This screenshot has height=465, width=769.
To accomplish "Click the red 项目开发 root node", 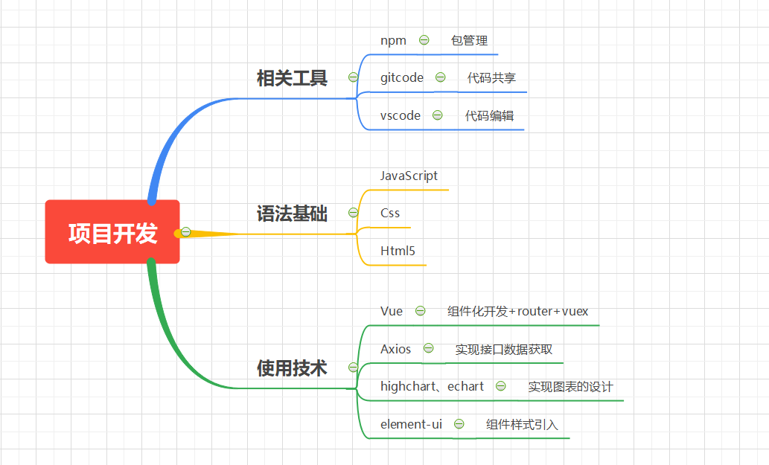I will tap(112, 232).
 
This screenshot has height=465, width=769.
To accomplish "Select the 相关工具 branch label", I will tap(292, 78).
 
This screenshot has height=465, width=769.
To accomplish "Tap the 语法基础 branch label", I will tap(292, 214).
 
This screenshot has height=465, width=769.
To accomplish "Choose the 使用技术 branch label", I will tap(292, 368).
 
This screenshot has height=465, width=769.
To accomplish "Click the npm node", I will tap(393, 40).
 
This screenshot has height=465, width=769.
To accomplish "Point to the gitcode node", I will tap(401, 77).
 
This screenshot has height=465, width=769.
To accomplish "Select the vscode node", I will tap(400, 115).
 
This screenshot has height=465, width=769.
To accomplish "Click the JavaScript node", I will tap(409, 176).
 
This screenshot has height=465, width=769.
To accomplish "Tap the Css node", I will tap(390, 213).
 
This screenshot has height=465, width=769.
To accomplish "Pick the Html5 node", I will tap(398, 251).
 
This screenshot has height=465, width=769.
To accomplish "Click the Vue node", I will tap(391, 311).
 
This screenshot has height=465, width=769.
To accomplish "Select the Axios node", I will tap(395, 349).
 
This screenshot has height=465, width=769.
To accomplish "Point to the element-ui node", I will tap(411, 424).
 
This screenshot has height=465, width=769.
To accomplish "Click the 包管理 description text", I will tap(469, 41).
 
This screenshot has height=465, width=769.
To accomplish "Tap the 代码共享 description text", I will tap(491, 78).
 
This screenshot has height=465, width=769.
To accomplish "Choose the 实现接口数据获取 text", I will tap(503, 350).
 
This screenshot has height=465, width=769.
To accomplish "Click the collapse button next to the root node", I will tap(186, 232).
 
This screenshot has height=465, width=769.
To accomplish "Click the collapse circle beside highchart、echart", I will tap(501, 386).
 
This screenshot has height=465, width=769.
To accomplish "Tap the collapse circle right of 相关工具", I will tap(353, 77).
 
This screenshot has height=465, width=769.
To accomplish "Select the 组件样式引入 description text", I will tap(522, 425).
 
